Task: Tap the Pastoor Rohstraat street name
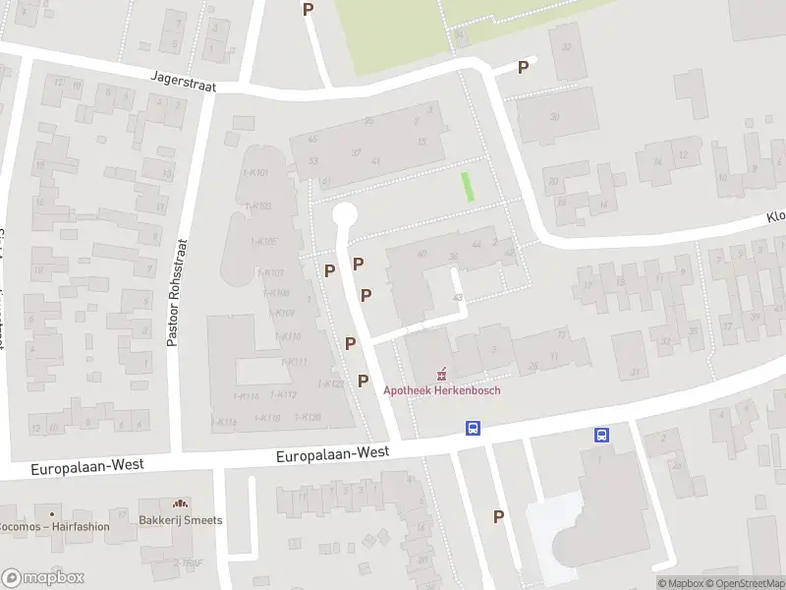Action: (x=173, y=292)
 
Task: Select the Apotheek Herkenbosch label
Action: (x=441, y=390)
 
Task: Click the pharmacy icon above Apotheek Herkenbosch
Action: (x=441, y=374)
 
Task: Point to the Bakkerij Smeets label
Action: (x=180, y=520)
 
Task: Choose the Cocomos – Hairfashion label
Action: (x=55, y=527)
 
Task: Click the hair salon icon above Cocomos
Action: (x=51, y=512)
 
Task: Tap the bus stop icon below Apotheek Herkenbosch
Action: (x=473, y=429)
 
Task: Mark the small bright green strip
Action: (x=468, y=186)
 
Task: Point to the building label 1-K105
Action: (x=263, y=242)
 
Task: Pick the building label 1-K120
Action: (x=308, y=418)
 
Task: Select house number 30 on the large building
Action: (x=555, y=117)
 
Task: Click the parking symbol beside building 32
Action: (x=524, y=67)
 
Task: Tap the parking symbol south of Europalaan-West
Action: (x=498, y=516)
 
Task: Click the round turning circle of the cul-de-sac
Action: (x=344, y=213)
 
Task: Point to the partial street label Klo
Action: (x=776, y=217)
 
